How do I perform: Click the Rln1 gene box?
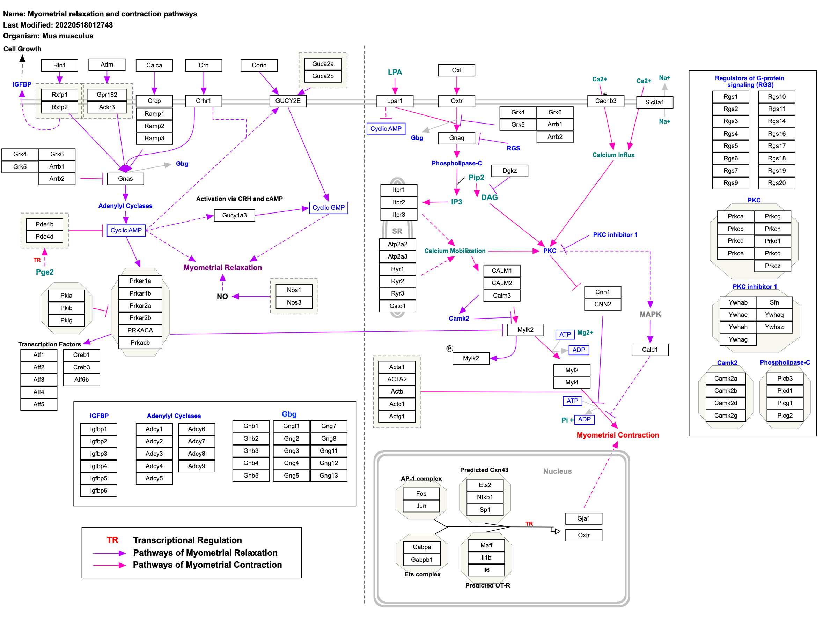[59, 65]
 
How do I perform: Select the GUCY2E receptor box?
[288, 101]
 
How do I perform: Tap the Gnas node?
[125, 179]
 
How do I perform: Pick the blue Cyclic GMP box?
[329, 208]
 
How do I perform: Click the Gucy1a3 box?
[235, 215]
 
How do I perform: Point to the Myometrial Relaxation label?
[223, 267]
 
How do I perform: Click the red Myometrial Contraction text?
[618, 435]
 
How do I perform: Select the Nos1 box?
[294, 290]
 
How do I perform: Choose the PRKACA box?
[140, 330]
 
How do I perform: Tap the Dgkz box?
[509, 171]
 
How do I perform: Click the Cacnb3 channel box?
[606, 101]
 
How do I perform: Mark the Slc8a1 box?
[655, 102]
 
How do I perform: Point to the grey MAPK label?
[650, 314]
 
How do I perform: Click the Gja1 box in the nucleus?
[584, 518]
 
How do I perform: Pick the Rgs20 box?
[777, 183]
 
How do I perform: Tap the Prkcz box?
[772, 266]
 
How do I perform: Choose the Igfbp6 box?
[98, 491]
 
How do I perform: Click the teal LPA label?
[395, 72]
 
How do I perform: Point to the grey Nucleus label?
[557, 471]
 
